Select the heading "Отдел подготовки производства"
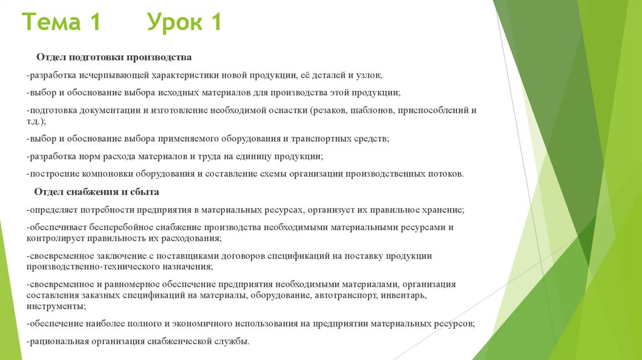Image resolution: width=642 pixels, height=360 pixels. pyautogui.click(x=113, y=58)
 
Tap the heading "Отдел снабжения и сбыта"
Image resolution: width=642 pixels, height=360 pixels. pyautogui.click(x=97, y=191)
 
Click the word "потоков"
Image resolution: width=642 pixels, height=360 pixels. pyautogui.click(x=444, y=174)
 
